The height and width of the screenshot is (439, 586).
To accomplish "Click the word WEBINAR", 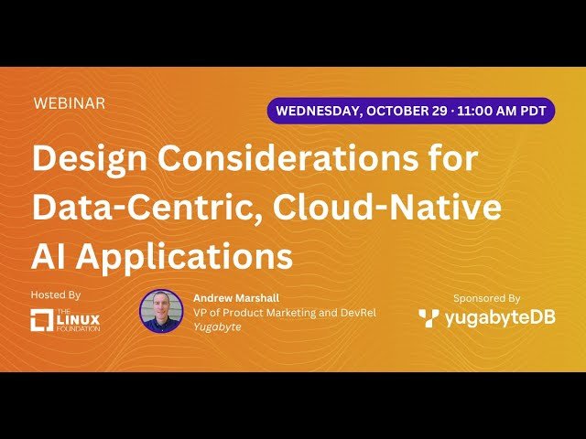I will [x=69, y=103].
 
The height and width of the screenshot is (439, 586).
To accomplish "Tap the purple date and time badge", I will [x=411, y=111].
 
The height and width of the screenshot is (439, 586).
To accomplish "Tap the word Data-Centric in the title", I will [x=129, y=208].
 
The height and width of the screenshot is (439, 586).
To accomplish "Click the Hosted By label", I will [x=56, y=295].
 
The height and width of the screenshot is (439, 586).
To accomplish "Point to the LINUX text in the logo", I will [x=79, y=319].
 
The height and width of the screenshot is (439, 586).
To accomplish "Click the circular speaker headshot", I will [x=161, y=311].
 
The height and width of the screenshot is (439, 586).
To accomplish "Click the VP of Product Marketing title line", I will [x=284, y=313].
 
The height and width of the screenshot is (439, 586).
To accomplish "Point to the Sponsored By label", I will [x=486, y=298].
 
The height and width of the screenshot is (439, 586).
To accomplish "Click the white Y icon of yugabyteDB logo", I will [x=429, y=318].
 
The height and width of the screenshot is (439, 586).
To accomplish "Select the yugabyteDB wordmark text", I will [x=500, y=319].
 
